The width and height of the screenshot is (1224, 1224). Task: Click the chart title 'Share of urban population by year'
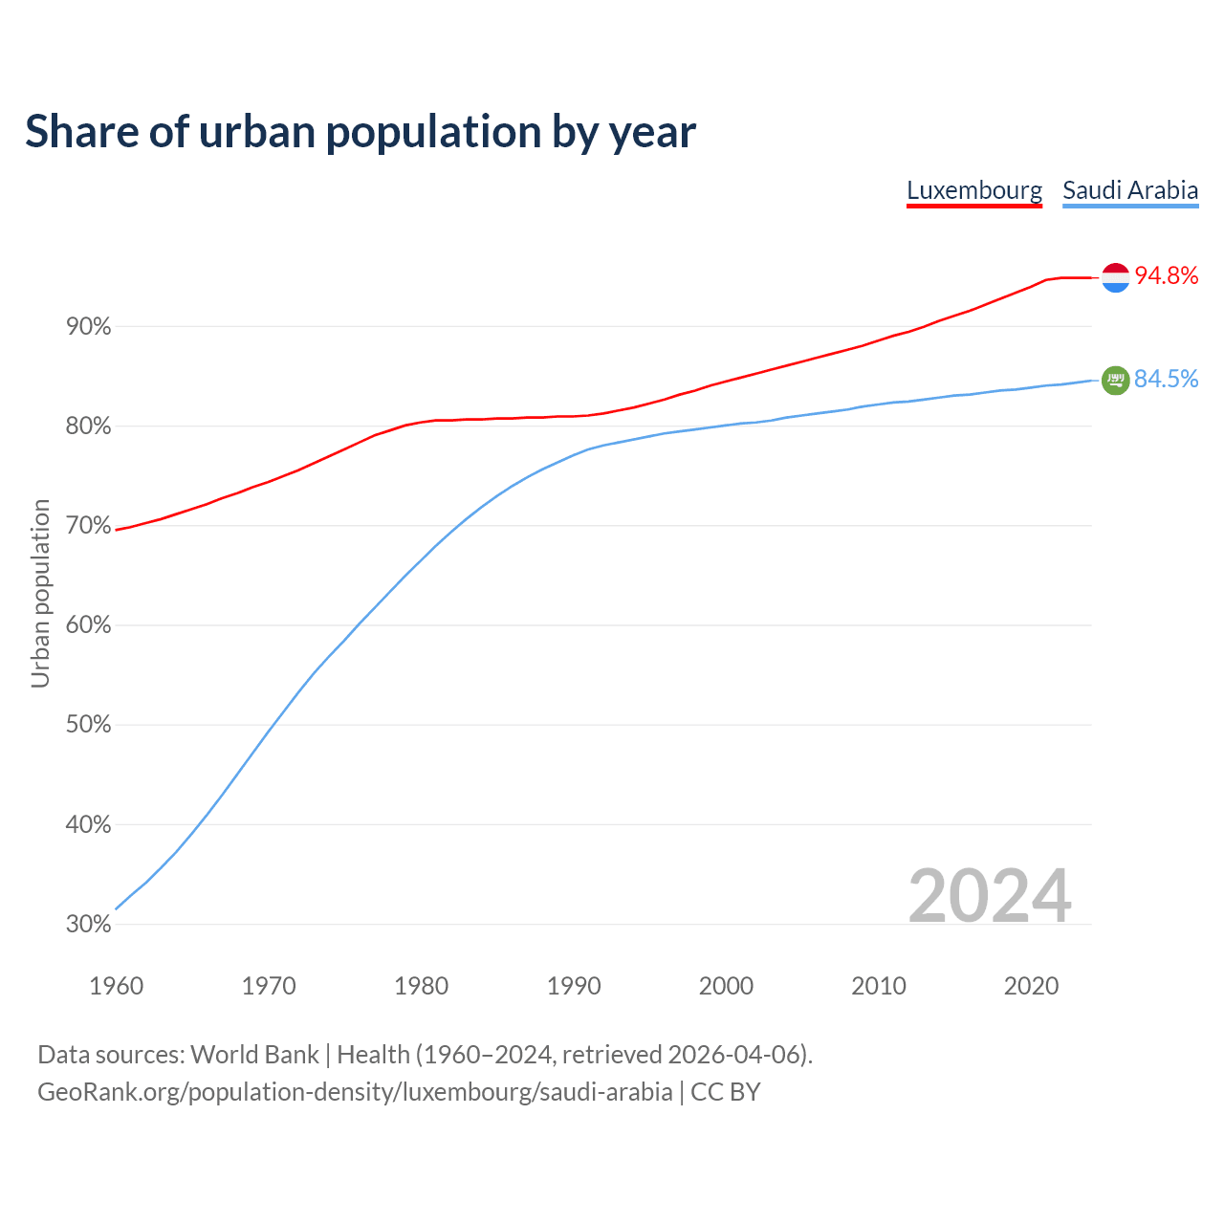(x=361, y=132)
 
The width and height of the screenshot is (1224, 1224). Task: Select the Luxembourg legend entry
(x=974, y=190)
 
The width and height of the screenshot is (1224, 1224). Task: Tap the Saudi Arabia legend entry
(x=1130, y=190)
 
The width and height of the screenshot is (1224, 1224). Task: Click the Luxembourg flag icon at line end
(x=1116, y=277)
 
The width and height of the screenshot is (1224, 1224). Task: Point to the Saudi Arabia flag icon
(x=1116, y=381)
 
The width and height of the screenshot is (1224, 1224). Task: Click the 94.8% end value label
(x=1167, y=276)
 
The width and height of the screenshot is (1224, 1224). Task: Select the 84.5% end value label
(x=1167, y=380)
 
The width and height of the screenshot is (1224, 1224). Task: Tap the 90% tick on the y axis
(x=89, y=327)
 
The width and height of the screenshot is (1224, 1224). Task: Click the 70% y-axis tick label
(x=89, y=526)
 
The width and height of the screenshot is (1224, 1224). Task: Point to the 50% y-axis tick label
(x=89, y=725)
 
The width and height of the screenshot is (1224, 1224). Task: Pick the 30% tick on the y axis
(x=89, y=925)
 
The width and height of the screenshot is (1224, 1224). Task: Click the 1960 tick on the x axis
(x=117, y=986)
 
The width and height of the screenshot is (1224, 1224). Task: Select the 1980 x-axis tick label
(x=422, y=986)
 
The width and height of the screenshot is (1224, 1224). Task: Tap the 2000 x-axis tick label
(x=727, y=986)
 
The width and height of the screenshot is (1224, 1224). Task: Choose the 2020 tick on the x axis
(x=1032, y=986)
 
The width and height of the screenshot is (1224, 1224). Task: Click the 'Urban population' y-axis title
(x=40, y=593)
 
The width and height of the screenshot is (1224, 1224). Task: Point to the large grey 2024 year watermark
(x=990, y=896)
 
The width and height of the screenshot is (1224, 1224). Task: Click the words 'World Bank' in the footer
(x=254, y=1055)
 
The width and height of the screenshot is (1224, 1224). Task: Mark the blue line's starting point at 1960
(x=117, y=908)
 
